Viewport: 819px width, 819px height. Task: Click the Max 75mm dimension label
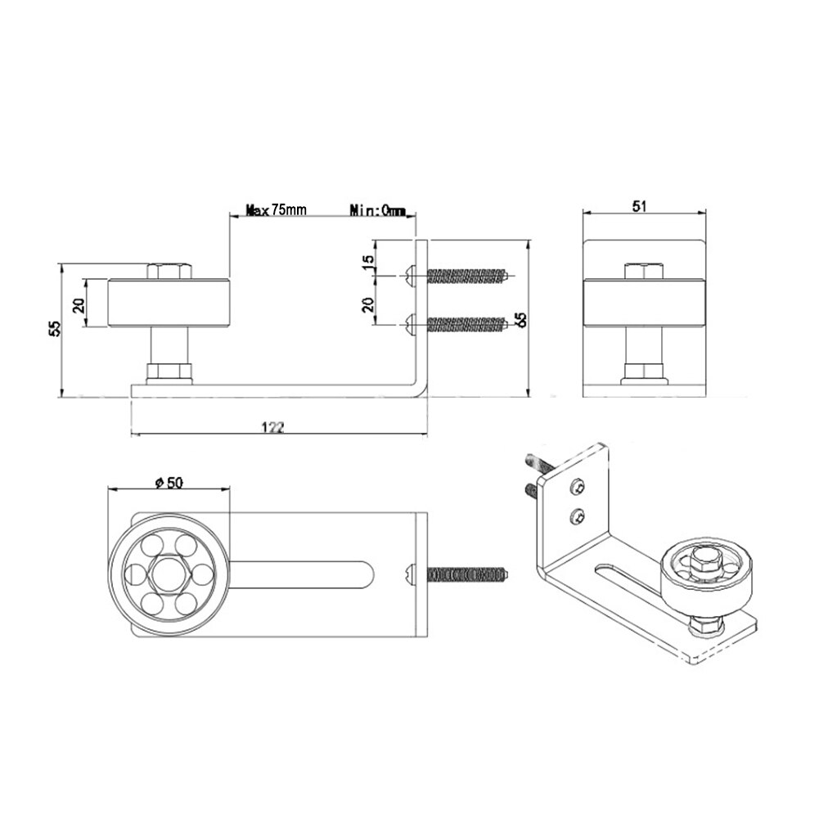pos(277,210)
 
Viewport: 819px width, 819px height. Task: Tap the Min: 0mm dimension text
pos(377,211)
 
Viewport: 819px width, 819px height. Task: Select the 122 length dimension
pos(274,427)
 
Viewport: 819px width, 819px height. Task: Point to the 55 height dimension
pos(54,329)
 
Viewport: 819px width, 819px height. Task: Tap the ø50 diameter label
pos(168,483)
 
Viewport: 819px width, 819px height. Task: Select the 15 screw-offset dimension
pos(368,263)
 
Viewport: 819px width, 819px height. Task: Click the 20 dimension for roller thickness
pos(79,304)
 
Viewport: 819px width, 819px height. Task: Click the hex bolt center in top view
pos(168,574)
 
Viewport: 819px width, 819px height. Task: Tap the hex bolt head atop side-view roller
pos(170,271)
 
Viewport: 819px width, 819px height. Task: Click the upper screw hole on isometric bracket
pos(579,487)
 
